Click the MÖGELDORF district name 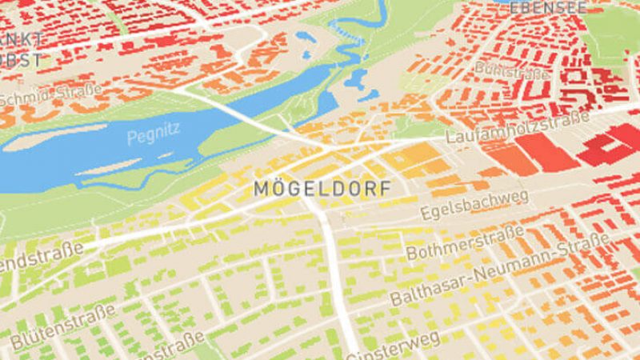point(322,189)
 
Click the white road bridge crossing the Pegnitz point(234,113)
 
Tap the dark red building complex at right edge point(612,144)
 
